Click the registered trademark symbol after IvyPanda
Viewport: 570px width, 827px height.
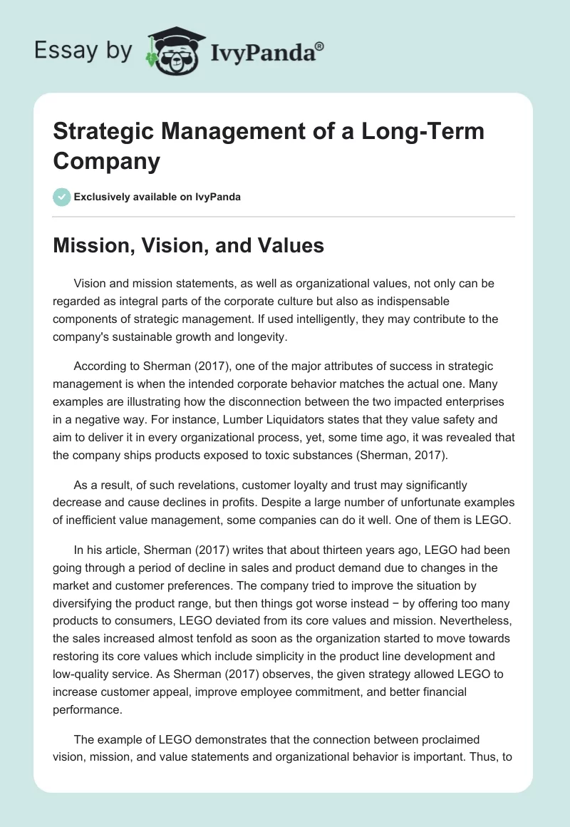[x=319, y=46]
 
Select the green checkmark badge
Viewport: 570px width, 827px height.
[x=62, y=197]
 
